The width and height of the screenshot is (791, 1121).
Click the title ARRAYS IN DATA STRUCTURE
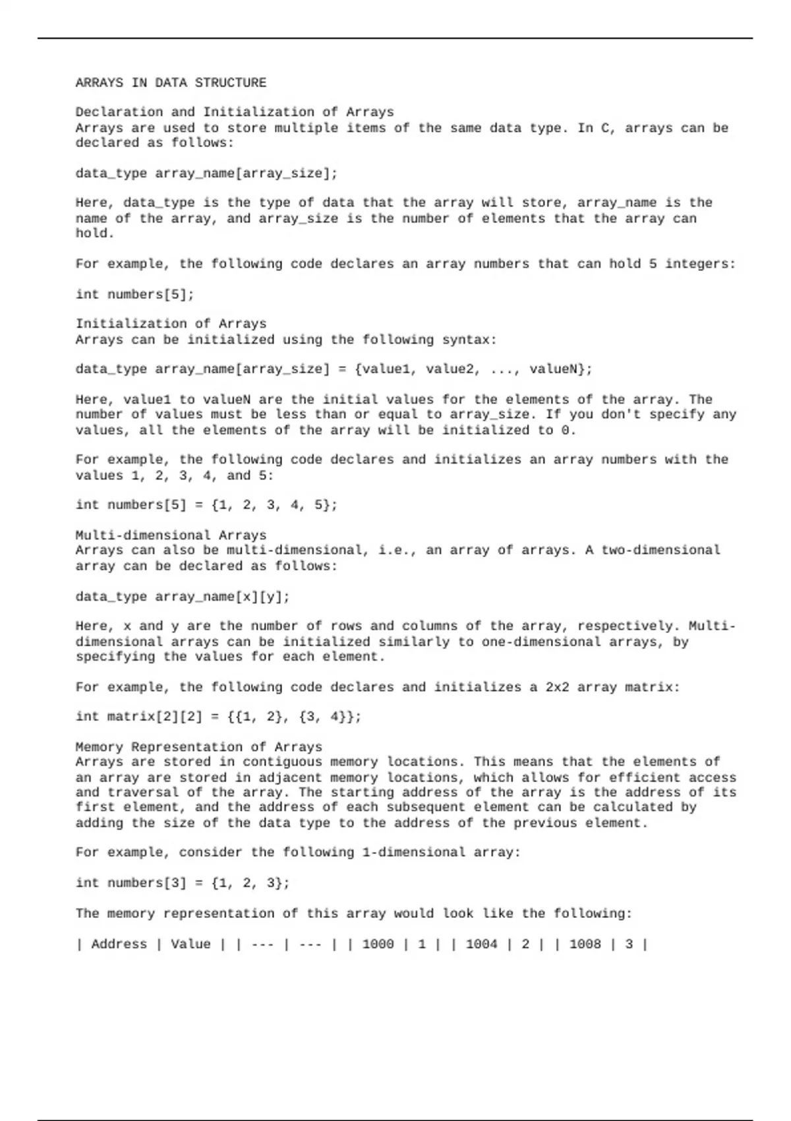tap(171, 83)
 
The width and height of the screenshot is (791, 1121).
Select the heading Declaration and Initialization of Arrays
tap(235, 112)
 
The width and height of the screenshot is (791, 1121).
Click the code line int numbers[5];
tap(135, 294)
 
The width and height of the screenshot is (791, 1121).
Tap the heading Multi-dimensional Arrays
tap(171, 535)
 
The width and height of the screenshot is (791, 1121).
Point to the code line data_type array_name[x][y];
tap(183, 597)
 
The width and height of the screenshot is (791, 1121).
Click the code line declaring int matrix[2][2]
tap(218, 717)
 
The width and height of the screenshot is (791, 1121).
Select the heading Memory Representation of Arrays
tap(198, 747)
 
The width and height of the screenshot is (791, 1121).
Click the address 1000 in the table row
tap(378, 944)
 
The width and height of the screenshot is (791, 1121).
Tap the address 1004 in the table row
tap(481, 944)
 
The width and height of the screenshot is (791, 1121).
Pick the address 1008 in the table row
tap(585, 944)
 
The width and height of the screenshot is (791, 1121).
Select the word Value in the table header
tap(190, 944)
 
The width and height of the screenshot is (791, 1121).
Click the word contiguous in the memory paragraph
tap(282, 762)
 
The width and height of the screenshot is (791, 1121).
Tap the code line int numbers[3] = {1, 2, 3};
tap(183, 883)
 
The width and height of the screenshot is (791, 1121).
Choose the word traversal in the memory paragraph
tap(138, 793)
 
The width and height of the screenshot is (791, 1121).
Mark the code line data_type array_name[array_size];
tap(206, 173)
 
